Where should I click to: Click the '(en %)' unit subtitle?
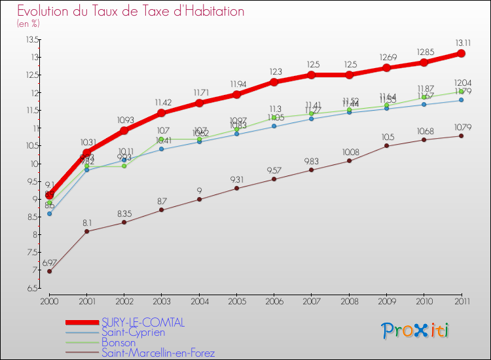point(28,24)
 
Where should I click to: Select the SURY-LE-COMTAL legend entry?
point(143,322)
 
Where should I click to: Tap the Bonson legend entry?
point(118,342)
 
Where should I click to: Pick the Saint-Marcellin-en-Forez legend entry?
point(158,353)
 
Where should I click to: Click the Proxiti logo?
point(416,331)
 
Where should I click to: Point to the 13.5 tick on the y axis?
point(31,39)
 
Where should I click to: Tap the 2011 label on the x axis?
point(462,300)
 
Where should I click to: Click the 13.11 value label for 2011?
point(462,41)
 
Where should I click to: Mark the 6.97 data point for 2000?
point(49,271)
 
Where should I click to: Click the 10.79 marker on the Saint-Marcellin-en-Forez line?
point(462,135)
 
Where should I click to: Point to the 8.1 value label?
point(86,223)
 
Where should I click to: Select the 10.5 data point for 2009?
point(386,145)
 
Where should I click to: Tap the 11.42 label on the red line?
point(162,103)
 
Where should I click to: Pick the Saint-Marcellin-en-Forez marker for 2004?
point(199,199)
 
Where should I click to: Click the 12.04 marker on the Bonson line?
point(462,92)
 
